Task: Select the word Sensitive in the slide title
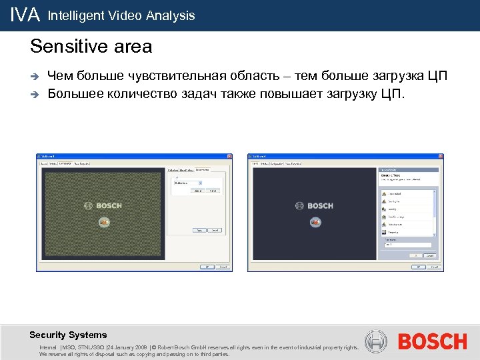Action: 61,47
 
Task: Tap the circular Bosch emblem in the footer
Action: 377,342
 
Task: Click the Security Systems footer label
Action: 68,335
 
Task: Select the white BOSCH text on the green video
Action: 109,205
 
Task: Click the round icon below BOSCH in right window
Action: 315,222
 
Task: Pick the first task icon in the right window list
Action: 385,193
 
